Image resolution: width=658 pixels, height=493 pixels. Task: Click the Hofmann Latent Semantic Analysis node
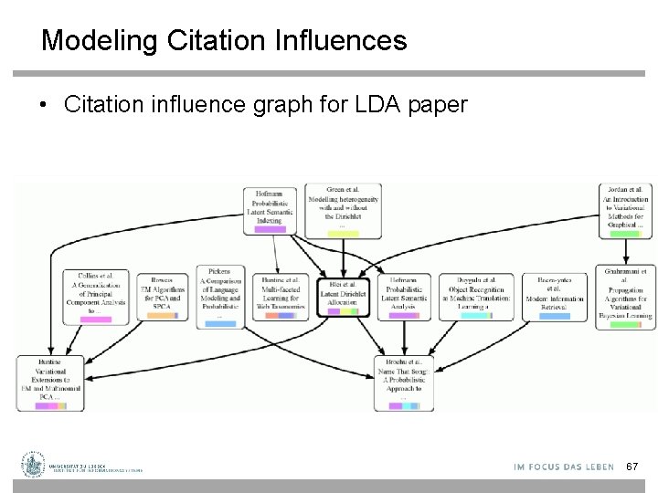(x=403, y=294)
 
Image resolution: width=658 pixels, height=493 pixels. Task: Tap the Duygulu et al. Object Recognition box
(x=473, y=294)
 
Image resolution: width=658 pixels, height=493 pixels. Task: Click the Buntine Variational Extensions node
(x=51, y=380)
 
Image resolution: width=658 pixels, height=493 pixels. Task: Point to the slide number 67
(x=631, y=467)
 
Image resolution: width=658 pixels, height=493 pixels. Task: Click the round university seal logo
(x=35, y=465)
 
